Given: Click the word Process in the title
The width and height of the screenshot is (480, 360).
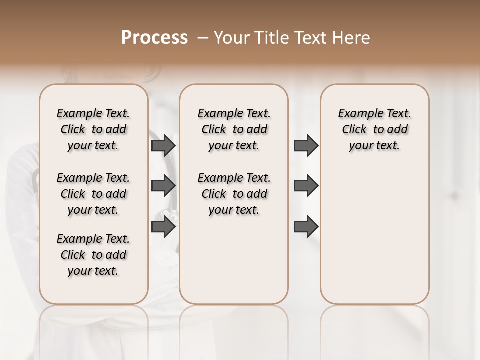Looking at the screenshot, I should click(x=154, y=38).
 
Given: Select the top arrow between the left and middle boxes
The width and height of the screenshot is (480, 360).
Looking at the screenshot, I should click(x=163, y=145).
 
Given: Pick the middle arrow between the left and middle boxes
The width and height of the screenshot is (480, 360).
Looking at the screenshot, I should click(x=163, y=186).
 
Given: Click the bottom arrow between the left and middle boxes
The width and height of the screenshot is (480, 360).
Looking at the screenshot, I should click(x=163, y=227).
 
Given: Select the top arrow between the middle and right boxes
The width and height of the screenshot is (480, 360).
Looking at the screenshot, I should click(x=306, y=145).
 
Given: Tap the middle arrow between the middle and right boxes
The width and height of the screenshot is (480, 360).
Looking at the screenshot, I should click(x=306, y=186).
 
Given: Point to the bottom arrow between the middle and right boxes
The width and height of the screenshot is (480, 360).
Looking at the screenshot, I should click(x=306, y=227).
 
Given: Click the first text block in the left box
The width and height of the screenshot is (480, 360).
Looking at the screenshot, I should click(x=93, y=129).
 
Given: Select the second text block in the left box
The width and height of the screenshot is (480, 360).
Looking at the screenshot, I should click(x=93, y=194).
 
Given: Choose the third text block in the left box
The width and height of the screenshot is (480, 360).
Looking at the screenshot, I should click(x=93, y=255).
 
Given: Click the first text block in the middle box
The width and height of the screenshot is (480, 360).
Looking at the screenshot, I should click(x=234, y=129).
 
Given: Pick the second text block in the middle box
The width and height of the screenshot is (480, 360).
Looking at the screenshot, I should click(x=234, y=194).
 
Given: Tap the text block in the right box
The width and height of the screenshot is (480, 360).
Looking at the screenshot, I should click(x=374, y=129).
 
